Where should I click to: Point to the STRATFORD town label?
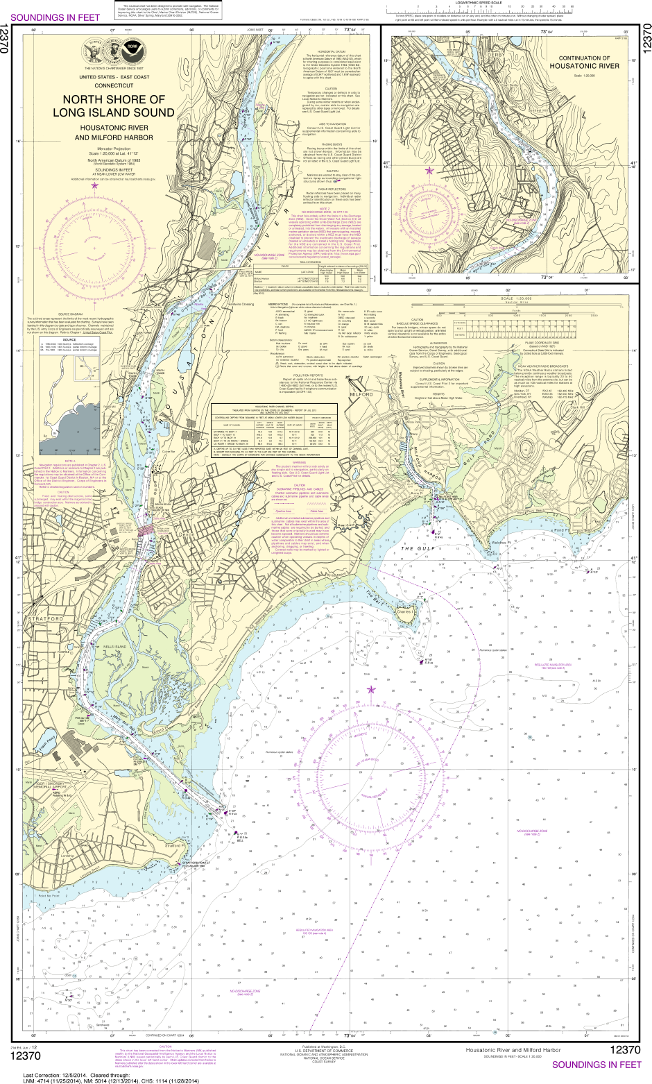tap(46, 617)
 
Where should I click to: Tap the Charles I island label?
tap(404, 611)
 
